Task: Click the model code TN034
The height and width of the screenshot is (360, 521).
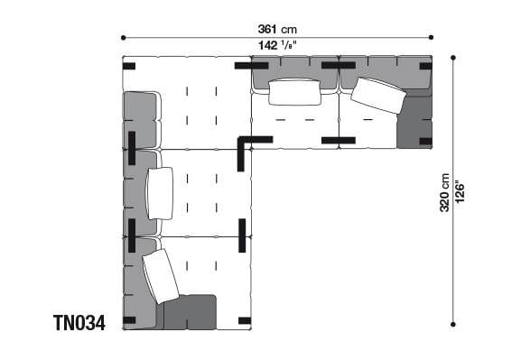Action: (79, 322)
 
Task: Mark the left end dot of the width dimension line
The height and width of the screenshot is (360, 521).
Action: (123, 37)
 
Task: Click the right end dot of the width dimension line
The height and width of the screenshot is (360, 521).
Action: (432, 37)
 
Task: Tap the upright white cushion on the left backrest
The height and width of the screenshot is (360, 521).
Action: (160, 193)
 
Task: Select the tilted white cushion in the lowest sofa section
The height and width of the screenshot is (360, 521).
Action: (161, 276)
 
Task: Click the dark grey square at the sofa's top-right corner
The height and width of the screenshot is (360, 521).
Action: (414, 122)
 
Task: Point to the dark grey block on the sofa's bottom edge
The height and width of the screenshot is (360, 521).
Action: (189, 311)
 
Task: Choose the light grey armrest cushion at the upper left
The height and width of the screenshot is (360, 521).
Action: (141, 120)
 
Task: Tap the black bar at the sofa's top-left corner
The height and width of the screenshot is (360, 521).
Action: (129, 65)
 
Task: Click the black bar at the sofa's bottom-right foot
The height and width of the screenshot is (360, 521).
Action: (244, 319)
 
